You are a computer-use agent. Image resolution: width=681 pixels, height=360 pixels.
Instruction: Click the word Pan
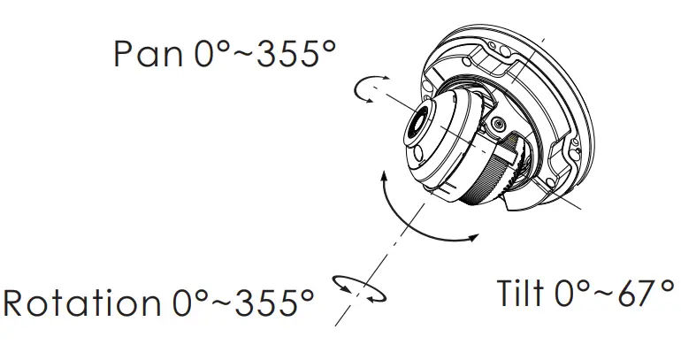[149, 53]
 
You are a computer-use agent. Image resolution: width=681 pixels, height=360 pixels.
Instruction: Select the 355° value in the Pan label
[296, 53]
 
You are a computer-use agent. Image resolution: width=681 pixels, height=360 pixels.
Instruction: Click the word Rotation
[81, 303]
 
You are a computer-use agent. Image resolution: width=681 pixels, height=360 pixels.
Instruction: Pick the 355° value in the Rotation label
[274, 303]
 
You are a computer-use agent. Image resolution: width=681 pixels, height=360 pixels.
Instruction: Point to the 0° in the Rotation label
[191, 303]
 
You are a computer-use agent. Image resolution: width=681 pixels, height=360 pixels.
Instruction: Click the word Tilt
[520, 293]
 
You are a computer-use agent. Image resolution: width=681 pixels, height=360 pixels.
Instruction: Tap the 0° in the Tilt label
[573, 293]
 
